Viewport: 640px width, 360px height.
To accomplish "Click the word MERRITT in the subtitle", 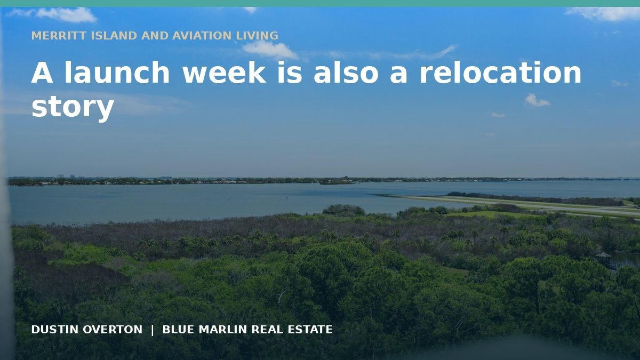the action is (59, 36).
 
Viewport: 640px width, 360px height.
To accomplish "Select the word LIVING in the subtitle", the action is (257, 36).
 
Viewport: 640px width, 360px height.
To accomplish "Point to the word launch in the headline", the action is (117, 73).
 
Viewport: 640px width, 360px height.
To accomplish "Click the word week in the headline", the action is (225, 73).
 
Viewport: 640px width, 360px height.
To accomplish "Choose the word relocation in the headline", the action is (500, 73).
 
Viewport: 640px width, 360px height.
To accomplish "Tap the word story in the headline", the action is (73, 107).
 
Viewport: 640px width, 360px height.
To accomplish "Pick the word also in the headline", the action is (346, 73).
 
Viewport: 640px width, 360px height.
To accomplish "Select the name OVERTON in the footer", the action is (113, 330).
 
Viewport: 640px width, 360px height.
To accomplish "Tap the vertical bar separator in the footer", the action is (153, 330).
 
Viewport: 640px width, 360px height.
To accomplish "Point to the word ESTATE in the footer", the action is (310, 330).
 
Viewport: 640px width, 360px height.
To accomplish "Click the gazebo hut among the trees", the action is (603, 258).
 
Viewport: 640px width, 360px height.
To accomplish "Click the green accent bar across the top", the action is (320, 3).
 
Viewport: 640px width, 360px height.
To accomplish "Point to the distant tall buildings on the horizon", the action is (66, 177).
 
